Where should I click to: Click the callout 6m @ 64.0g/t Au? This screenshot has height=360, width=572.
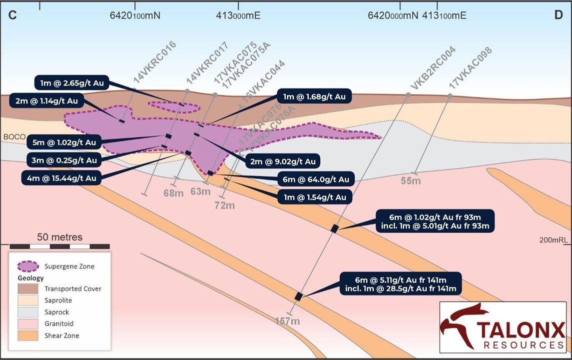[315, 179]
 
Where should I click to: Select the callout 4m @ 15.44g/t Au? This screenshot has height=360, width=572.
[59, 177]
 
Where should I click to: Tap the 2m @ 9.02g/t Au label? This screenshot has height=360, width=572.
[283, 161]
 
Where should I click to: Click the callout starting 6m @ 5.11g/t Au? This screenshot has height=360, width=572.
[400, 283]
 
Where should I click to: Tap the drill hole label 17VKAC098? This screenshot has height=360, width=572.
[471, 68]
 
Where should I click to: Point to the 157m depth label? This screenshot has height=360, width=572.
[287, 321]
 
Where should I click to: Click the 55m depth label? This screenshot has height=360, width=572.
[411, 181]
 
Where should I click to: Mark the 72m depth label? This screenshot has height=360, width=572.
[224, 205]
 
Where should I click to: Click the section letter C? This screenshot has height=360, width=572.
[13, 15]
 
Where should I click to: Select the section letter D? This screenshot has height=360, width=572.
[559, 15]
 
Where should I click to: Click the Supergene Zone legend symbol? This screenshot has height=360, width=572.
[28, 266]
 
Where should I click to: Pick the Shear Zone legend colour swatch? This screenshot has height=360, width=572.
[28, 335]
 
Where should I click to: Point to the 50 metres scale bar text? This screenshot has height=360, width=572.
[60, 237]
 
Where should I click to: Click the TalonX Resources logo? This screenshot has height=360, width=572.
[503, 327]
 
